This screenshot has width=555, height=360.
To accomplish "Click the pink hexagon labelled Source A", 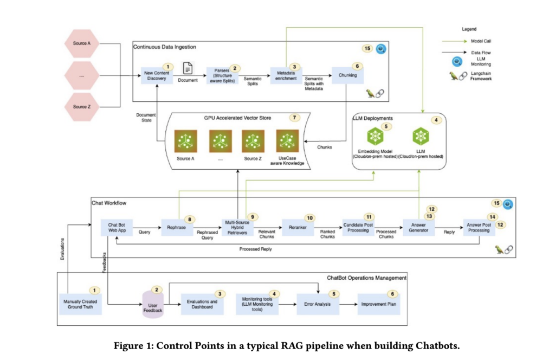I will (x=81, y=43).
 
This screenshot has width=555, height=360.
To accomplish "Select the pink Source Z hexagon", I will (x=81, y=106).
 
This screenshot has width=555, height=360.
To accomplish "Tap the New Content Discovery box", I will (x=157, y=75).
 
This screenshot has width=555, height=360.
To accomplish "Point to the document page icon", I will (x=187, y=68).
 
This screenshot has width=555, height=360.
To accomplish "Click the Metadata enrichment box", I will (x=286, y=75).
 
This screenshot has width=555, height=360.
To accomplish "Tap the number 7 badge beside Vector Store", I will (x=295, y=118).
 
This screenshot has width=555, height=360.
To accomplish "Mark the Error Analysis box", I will (x=314, y=304).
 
